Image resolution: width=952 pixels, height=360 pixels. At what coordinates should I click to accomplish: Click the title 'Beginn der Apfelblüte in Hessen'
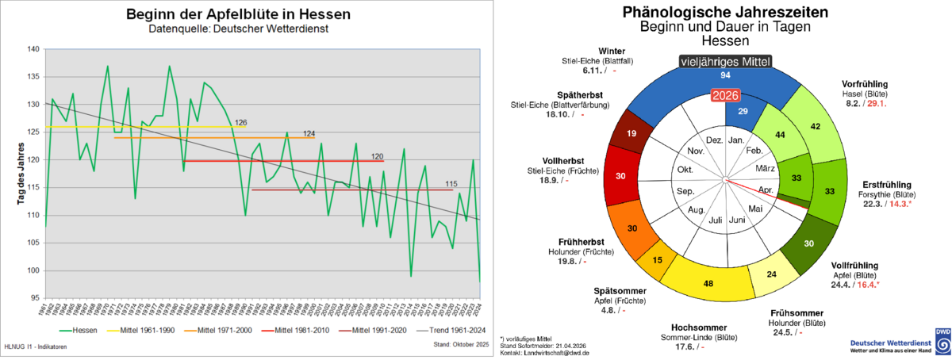point(238,13)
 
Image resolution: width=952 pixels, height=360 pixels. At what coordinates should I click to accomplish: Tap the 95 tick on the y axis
point(34,298)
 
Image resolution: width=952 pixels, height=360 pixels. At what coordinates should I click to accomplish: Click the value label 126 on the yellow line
point(241,122)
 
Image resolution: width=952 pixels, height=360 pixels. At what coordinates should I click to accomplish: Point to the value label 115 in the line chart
point(452,185)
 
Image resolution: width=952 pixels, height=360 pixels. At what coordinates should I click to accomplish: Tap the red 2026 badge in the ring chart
point(725,96)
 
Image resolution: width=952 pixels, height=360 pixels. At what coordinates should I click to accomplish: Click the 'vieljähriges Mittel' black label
point(725,61)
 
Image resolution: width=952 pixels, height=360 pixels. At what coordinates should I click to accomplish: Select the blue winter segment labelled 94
point(725,75)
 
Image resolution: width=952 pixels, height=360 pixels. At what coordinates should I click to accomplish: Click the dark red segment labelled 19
point(632,134)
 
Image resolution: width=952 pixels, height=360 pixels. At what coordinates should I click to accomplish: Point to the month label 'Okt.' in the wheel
point(683,169)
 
